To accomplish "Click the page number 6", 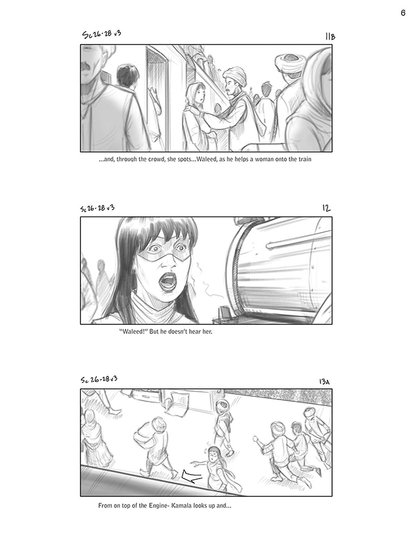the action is [x=403, y=12].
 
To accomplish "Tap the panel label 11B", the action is [x=330, y=36].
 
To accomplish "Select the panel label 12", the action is [x=326, y=208].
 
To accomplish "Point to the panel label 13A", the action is [x=324, y=381].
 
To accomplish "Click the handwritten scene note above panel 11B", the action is [x=102, y=34].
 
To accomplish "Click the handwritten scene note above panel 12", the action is [x=97, y=208].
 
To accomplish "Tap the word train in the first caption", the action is [x=305, y=159].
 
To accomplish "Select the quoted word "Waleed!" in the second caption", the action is [x=133, y=331].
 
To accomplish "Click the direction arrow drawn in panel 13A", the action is [x=192, y=477].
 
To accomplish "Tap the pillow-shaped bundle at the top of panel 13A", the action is [x=177, y=403].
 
